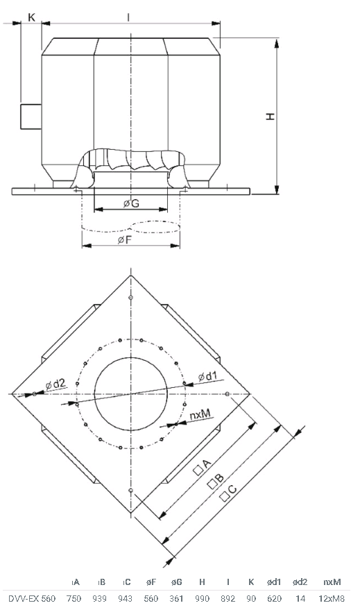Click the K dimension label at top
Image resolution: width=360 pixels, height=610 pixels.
32,17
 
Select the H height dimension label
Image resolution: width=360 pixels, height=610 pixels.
271,116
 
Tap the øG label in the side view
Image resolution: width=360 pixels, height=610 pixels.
131,203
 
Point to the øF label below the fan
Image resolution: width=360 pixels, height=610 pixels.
125,239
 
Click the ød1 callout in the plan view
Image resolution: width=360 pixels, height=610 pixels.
207,377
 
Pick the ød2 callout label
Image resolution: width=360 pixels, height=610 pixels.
56,384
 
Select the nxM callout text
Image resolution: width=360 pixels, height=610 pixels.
200,415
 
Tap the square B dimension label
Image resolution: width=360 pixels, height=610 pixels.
216,481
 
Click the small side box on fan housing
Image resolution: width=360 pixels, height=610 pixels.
31,117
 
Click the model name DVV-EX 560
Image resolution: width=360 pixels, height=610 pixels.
33,598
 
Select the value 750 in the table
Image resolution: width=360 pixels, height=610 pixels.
74,598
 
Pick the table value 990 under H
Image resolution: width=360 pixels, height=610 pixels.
202,598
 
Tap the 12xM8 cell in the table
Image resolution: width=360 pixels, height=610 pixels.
332,598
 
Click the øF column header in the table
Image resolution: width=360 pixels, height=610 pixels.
151,582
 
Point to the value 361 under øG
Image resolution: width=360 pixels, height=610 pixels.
176,598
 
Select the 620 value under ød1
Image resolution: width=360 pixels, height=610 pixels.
275,598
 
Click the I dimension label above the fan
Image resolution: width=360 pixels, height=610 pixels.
128,17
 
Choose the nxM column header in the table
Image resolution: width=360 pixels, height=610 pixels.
332,582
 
